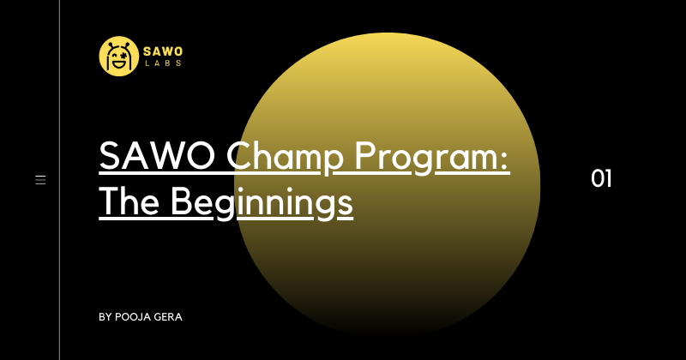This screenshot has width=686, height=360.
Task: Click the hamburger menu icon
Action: tap(40, 179)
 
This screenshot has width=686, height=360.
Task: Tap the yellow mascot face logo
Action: tap(119, 56)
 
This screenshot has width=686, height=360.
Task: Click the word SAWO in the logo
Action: tap(163, 51)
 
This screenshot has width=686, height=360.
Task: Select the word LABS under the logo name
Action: tap(163, 63)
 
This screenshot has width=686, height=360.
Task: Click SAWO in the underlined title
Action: tap(157, 156)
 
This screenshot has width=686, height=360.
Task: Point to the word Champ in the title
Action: tap(285, 158)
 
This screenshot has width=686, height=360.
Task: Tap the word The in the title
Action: tap(129, 201)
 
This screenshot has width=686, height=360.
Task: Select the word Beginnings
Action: tap(262, 202)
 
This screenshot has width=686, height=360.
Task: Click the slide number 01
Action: tap(601, 179)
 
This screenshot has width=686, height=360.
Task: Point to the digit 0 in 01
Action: tap(597, 179)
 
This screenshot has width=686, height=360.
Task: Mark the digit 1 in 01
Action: tap(608, 179)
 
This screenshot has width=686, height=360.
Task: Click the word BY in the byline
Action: tap(105, 317)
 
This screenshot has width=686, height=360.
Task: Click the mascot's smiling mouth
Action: tap(118, 65)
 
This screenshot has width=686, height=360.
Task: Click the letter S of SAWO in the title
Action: tap(110, 156)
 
